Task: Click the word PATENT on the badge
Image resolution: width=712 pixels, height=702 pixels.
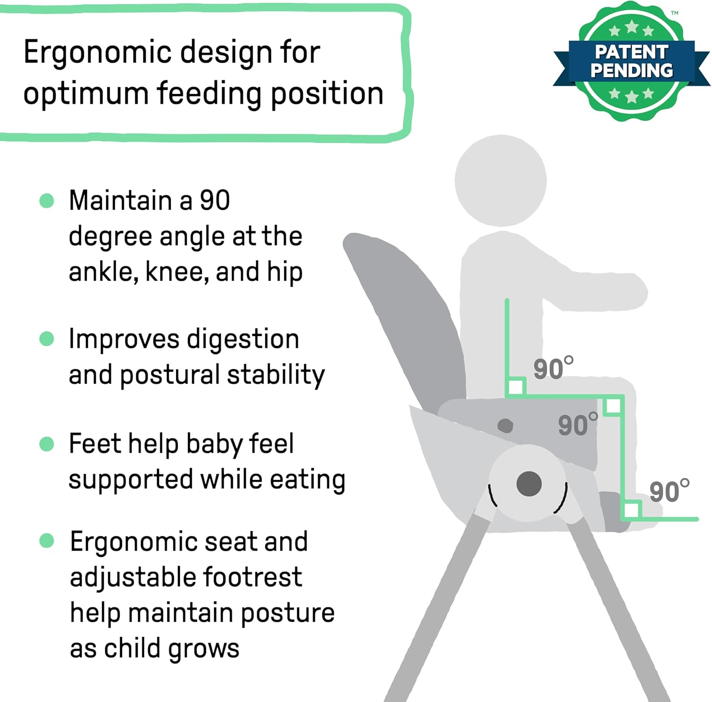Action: click(x=631, y=52)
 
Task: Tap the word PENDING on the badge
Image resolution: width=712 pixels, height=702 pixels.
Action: click(x=631, y=71)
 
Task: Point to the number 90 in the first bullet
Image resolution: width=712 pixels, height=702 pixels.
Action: click(x=215, y=200)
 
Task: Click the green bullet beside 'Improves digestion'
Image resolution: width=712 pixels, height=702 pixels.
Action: click(x=47, y=339)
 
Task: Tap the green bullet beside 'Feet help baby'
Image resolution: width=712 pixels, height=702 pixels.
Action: click(x=47, y=444)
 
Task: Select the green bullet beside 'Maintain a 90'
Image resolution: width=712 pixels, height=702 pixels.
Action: click(x=47, y=200)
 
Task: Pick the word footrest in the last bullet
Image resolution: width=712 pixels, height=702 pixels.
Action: click(x=252, y=578)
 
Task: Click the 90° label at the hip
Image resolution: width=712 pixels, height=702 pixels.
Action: click(x=553, y=369)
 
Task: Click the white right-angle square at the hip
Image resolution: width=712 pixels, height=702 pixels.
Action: click(x=516, y=387)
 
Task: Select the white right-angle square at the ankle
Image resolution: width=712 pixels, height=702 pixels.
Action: click(x=631, y=510)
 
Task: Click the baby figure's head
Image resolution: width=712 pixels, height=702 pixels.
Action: click(x=500, y=180)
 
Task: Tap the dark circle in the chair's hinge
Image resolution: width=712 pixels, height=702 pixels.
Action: click(x=529, y=484)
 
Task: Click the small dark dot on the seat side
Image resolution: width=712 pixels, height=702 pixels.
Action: click(x=505, y=425)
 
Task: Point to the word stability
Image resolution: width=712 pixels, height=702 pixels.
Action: click(x=276, y=375)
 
